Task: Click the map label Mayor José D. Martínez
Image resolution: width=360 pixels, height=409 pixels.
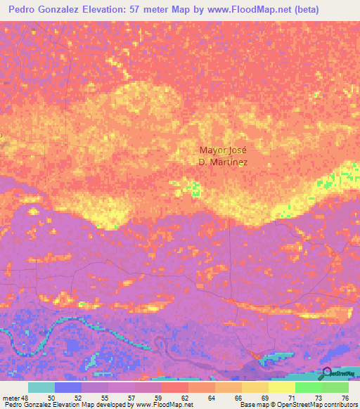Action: [224, 155]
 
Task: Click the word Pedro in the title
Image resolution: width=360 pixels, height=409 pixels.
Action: [23, 10]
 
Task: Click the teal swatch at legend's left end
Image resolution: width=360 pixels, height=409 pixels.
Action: [41, 387]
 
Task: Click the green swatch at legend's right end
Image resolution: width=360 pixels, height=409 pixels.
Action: [335, 387]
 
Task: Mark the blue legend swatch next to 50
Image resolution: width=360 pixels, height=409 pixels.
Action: [68, 387]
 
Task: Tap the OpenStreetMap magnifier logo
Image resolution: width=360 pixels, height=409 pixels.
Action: [326, 372]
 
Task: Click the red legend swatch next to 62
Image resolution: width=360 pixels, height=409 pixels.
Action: [175, 387]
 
